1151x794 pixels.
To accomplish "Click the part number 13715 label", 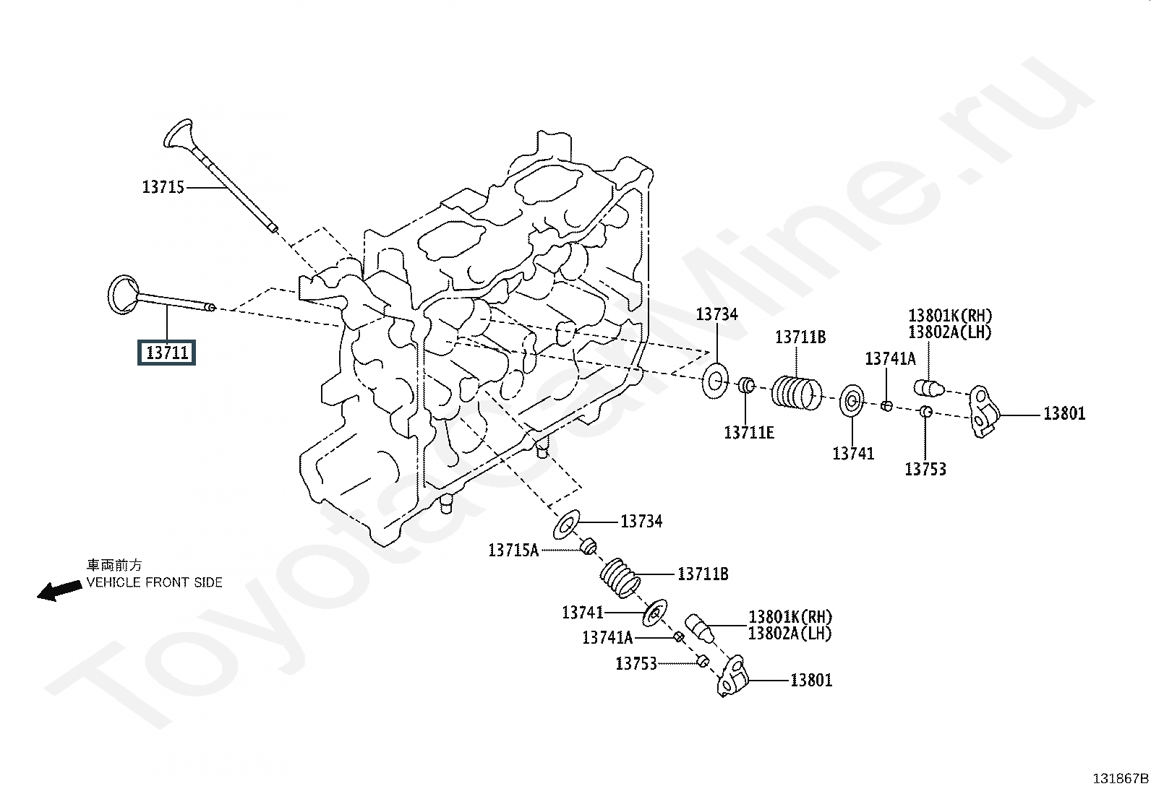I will point(163,188).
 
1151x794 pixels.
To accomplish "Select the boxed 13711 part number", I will point(167,353).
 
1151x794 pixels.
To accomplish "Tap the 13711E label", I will point(749,432).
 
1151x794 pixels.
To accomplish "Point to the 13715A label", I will point(513,551).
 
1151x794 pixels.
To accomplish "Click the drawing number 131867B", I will point(1120,778).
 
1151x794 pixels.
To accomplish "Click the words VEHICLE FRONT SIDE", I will point(155,582).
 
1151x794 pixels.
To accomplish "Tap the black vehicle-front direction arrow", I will point(59,590).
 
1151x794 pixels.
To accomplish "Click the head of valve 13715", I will point(178,134).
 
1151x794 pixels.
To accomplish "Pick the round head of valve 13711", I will point(123,293).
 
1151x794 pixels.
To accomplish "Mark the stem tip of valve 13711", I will point(211,308).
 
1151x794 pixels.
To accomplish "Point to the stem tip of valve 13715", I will point(272,228).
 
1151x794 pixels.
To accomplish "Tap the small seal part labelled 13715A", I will point(589,545).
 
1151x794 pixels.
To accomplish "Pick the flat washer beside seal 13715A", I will point(567,525).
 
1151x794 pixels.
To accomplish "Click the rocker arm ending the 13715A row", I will point(732,676).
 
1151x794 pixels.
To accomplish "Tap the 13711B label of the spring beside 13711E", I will point(800,337).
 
